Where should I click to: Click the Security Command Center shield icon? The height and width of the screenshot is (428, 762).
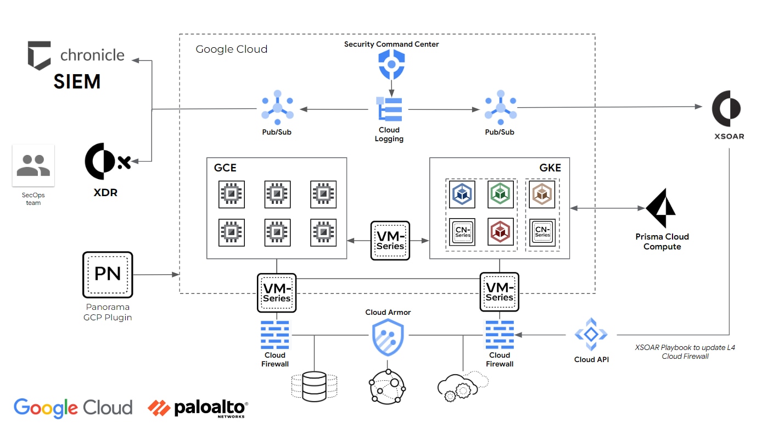click(391, 65)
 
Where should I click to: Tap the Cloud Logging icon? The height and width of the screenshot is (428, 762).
click(389, 109)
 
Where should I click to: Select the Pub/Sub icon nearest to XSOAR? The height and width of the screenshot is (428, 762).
click(500, 108)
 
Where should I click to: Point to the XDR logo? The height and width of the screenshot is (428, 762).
click(105, 163)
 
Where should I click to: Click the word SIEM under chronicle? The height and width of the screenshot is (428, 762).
click(77, 82)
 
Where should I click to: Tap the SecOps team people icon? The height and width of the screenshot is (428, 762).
click(33, 165)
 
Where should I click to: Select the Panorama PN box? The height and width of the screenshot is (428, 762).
click(108, 275)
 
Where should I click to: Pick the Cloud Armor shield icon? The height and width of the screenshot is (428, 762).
click(388, 337)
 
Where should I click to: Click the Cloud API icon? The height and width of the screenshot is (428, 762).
click(591, 334)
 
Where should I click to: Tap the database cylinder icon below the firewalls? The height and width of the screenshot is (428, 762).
click(314, 386)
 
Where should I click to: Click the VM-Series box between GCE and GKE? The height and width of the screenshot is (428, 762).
click(390, 241)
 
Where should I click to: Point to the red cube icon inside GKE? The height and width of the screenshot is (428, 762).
click(501, 231)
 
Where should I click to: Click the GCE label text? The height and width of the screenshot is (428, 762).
click(225, 168)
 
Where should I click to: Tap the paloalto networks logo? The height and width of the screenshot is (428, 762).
click(198, 408)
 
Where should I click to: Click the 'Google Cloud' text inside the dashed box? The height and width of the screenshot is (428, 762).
click(232, 49)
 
